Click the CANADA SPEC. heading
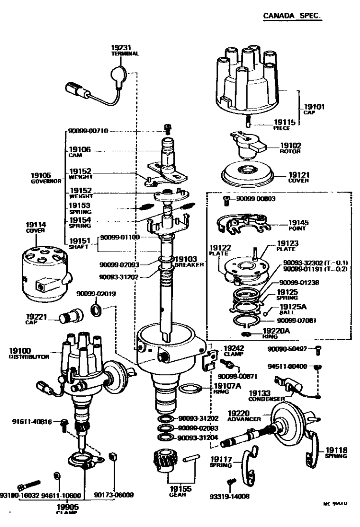pyautogui.click(x=292, y=16)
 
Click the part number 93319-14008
pyautogui.click(x=230, y=496)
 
